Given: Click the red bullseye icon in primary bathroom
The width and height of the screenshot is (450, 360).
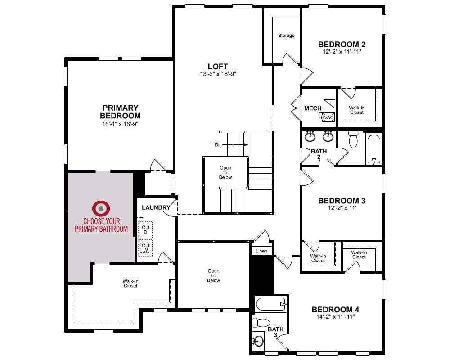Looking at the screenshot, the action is (101, 208).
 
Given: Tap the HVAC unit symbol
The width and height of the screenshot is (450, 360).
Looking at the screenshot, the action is (327, 117).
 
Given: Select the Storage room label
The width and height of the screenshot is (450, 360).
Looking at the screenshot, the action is (286, 35).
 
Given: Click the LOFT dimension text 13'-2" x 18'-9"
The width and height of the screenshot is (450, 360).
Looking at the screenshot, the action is (218, 74).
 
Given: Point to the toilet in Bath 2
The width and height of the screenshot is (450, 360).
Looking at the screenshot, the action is (353, 139).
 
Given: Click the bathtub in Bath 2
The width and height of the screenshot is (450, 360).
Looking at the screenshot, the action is (373, 149).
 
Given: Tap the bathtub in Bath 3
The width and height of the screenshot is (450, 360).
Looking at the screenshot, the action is (271, 304).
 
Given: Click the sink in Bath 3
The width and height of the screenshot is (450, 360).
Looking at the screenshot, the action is (258, 341).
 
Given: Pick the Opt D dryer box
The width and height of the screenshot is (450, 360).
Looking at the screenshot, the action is (145, 229).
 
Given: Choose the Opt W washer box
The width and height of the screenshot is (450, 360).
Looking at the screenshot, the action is (145, 248).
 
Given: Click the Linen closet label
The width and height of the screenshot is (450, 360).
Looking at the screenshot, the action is (261, 251).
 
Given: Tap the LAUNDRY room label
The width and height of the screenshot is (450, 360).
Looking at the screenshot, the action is (156, 207).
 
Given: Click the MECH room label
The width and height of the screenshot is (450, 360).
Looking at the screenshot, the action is (313, 108).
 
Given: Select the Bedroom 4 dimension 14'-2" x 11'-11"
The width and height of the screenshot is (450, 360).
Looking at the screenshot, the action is (335, 317).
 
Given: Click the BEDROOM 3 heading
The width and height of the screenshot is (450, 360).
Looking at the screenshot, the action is (342, 201).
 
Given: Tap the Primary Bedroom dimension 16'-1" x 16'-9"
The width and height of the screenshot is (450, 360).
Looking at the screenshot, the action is (120, 124).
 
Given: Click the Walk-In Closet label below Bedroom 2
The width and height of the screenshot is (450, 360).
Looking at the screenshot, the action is (357, 110).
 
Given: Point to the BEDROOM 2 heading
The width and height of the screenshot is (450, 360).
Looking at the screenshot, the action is (342, 45).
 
